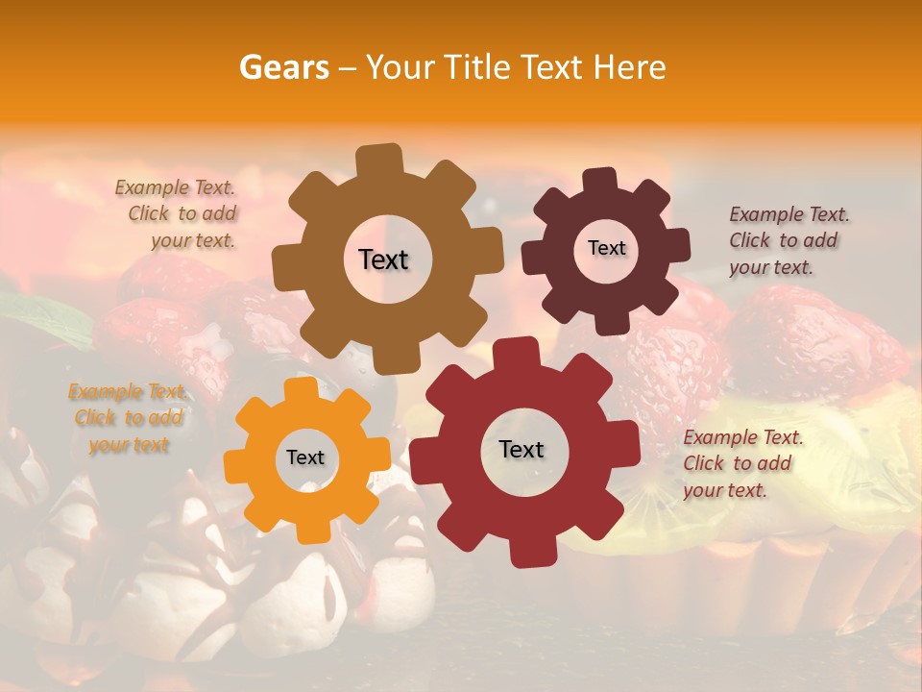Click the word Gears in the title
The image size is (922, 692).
(283, 67)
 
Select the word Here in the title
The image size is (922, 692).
(630, 67)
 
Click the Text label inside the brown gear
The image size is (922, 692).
(383, 259)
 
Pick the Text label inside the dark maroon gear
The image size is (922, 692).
(606, 248)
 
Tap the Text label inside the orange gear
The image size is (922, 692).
(305, 457)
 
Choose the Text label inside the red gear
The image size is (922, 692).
(522, 449)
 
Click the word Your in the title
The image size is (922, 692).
(400, 67)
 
